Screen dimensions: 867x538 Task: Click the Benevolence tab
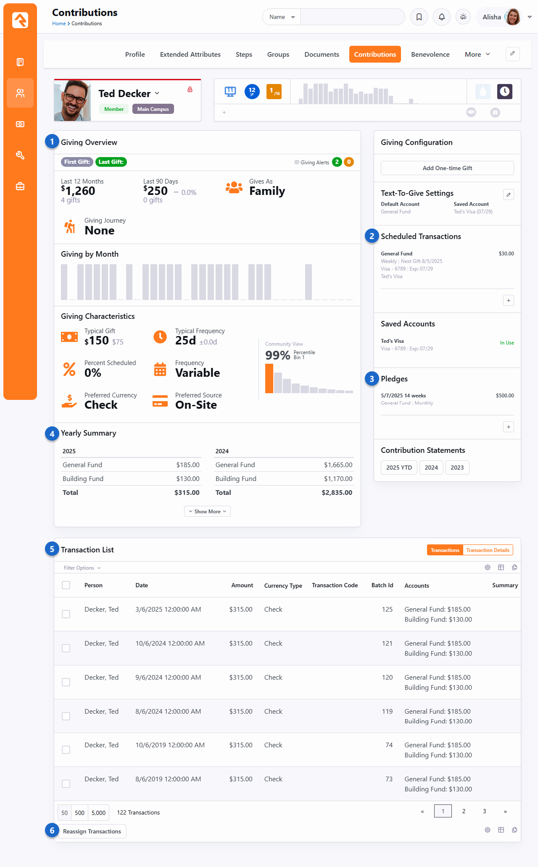click(x=430, y=55)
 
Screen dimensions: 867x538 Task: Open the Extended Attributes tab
click(x=190, y=55)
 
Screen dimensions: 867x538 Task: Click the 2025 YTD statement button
click(x=399, y=468)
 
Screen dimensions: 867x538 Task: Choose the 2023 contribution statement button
click(x=457, y=468)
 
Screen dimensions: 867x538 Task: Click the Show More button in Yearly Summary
click(x=207, y=512)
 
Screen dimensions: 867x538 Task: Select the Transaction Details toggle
click(x=488, y=550)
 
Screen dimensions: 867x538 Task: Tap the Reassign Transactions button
click(x=92, y=832)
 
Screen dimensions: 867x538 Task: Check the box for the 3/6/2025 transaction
click(x=66, y=614)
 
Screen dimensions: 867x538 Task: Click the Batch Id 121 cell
click(x=387, y=644)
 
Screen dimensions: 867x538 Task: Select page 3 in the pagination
click(x=484, y=811)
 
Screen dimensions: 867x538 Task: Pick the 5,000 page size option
click(x=98, y=813)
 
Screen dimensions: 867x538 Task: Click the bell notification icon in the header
click(x=441, y=17)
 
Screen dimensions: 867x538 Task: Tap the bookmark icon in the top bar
click(x=419, y=17)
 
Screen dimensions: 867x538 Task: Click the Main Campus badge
click(x=153, y=109)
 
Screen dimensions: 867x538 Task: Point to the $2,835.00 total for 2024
click(x=337, y=493)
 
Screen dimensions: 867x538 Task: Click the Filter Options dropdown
click(x=82, y=568)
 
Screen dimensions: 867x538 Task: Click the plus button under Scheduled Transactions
click(x=508, y=300)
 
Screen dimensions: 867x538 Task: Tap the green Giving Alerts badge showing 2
click(x=337, y=162)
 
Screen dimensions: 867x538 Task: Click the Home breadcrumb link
click(x=58, y=24)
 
